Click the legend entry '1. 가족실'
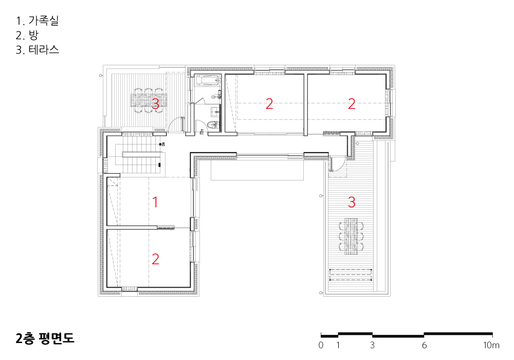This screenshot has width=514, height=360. pos(37,21)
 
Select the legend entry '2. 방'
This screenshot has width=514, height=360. pos(27,35)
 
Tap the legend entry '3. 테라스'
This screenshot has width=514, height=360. pos(38,49)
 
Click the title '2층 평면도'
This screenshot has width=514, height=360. pos(45,338)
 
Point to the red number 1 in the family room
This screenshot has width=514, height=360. pos(155,202)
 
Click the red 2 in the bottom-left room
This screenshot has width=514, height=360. pos(155,259)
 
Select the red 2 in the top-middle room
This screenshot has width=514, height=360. pos(269,104)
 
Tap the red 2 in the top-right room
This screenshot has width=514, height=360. pos(352,104)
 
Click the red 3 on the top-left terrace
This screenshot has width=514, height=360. pos(155,103)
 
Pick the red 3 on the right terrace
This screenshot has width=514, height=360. pos(352,202)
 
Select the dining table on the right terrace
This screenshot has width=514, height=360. pos(352,237)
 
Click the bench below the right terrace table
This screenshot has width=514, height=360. pos(352,275)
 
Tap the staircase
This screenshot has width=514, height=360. pos(140,155)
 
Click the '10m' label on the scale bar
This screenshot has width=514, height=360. pos(491,345)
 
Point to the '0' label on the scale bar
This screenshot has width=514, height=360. pos(321,345)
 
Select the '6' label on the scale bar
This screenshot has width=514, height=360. pos(424,345)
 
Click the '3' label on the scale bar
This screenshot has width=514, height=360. pos(372,345)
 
